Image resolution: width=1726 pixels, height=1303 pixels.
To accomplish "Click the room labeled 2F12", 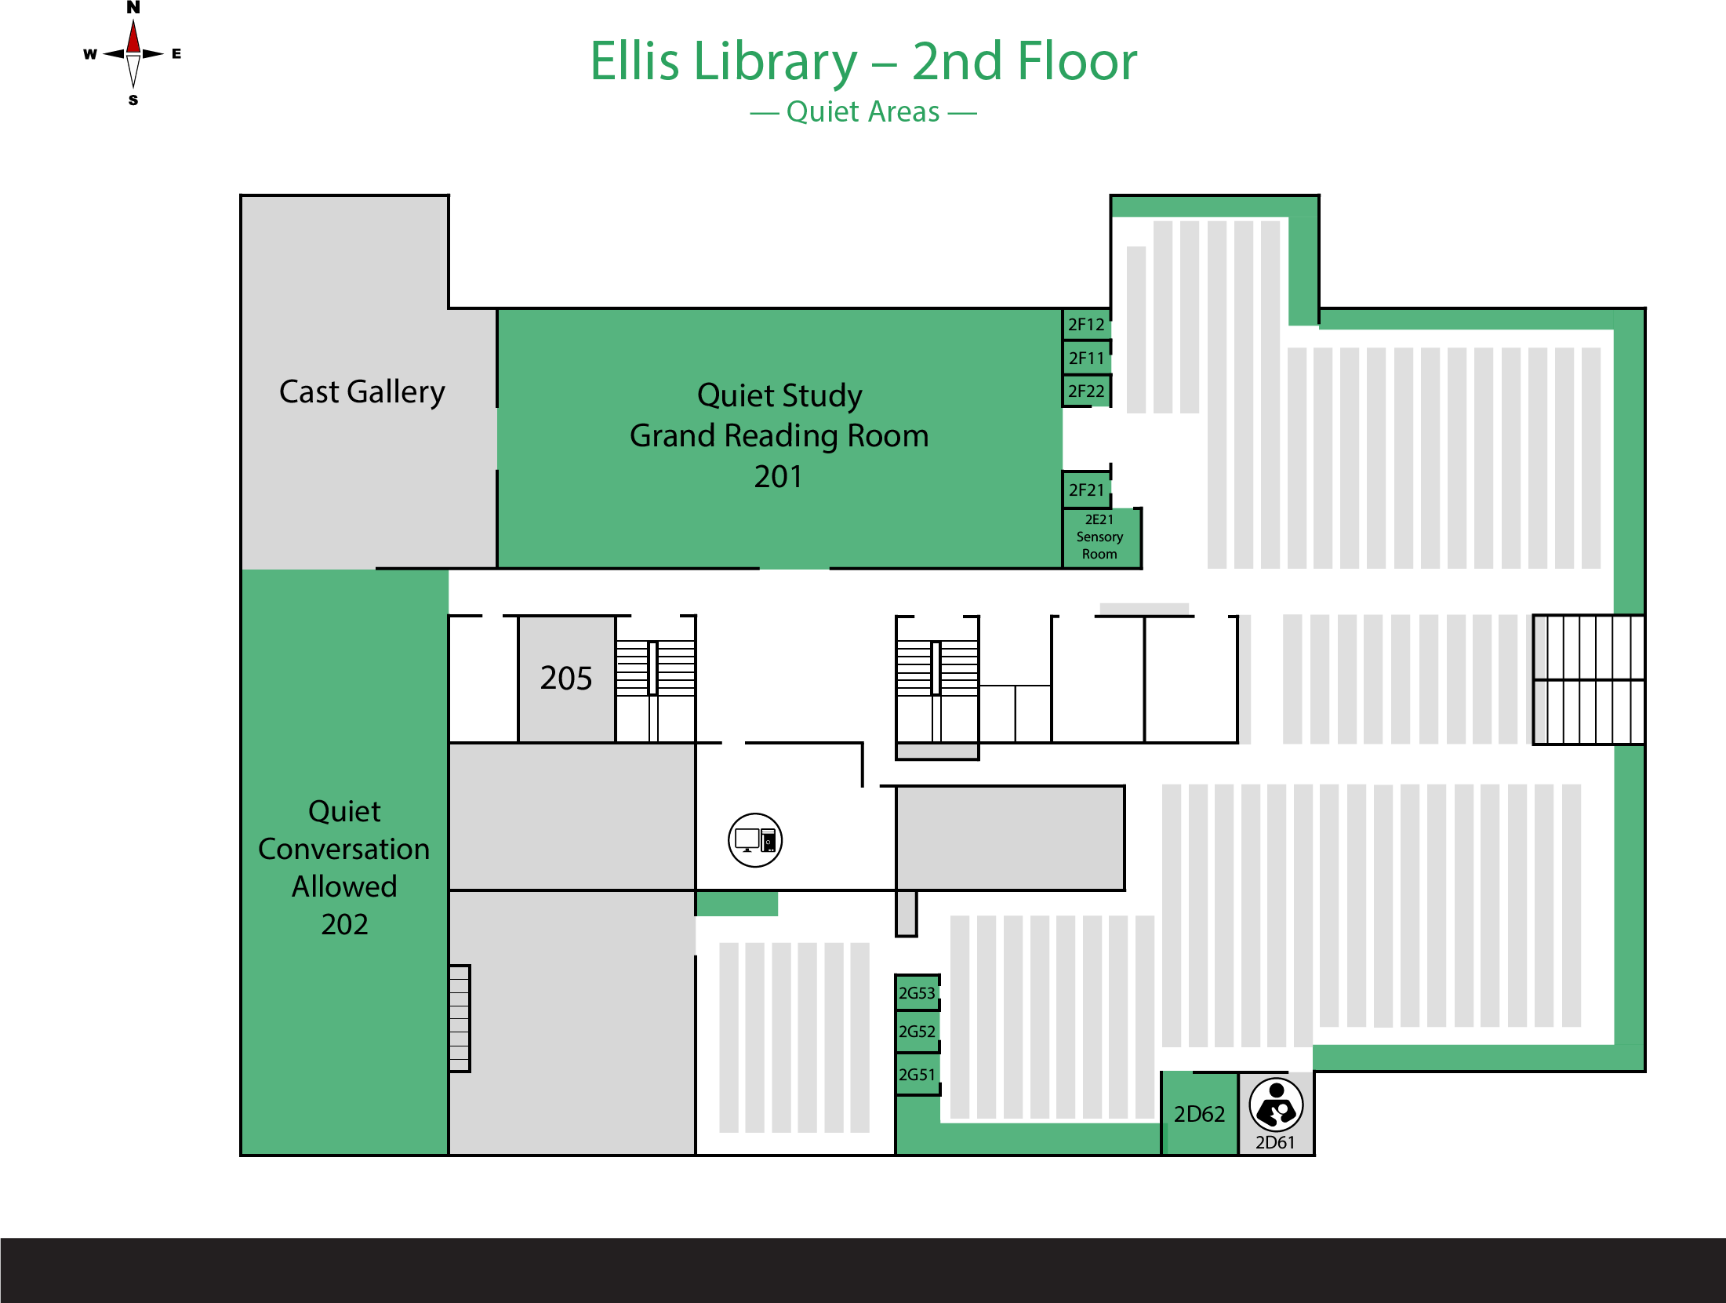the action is (1086, 324).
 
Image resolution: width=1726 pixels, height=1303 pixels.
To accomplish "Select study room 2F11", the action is (1086, 358).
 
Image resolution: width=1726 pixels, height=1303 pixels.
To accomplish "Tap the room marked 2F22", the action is (1086, 391).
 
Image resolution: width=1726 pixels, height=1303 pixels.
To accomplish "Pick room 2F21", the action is (1086, 490).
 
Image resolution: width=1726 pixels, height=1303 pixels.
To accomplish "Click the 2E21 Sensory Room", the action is (1100, 537).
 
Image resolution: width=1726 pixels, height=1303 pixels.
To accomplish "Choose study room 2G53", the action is (917, 993).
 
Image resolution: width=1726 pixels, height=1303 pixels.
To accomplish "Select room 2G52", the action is (917, 1032).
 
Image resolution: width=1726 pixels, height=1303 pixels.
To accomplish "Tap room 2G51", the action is (917, 1075).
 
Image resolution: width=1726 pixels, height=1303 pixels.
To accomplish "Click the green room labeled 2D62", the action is (1200, 1114).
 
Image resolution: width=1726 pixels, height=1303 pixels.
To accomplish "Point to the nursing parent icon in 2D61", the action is (1276, 1105).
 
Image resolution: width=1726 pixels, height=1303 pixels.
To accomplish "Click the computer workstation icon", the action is (755, 840).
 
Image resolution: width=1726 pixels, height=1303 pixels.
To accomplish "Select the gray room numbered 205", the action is (566, 679).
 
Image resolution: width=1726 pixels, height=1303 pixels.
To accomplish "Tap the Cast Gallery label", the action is (362, 391).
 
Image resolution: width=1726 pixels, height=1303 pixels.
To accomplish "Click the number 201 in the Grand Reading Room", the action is (778, 476).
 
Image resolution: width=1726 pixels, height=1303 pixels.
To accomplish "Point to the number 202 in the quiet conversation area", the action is (344, 924).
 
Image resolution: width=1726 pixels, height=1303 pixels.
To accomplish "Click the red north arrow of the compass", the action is (133, 36).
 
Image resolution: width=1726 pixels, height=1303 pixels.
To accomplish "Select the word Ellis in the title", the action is (634, 60).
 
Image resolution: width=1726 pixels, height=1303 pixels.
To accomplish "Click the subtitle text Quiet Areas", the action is (863, 112).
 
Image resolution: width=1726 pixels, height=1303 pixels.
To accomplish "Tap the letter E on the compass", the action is (176, 53).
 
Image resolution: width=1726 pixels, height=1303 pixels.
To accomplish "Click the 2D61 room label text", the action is (1275, 1142).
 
